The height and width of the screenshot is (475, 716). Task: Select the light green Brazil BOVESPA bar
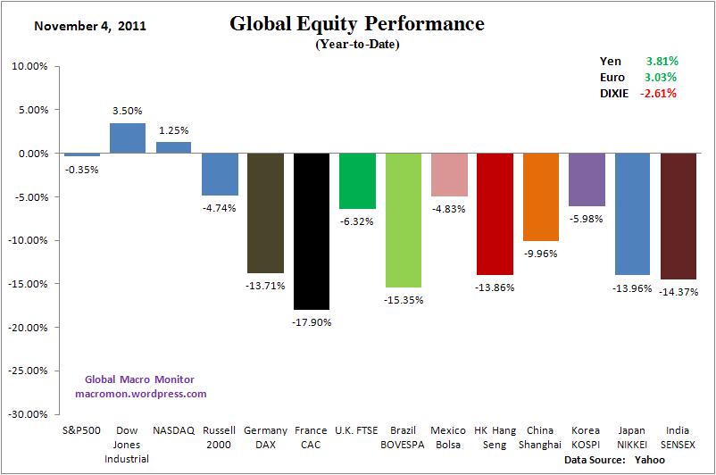pos(404,220)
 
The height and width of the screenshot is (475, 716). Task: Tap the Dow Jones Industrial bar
pos(128,138)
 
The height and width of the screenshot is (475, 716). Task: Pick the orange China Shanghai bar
pos(541,196)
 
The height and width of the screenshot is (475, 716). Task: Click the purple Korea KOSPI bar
pos(587,179)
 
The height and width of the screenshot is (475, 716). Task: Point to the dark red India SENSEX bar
pos(679,216)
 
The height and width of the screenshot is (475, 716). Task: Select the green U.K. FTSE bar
pos(357,180)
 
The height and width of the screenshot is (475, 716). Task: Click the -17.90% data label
pos(312,321)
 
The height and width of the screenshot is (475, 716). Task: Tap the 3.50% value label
pos(128,111)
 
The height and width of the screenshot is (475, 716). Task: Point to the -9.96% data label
pos(541,253)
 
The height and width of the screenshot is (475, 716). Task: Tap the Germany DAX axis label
pos(265,436)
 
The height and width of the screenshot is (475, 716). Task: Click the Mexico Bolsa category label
pos(449,436)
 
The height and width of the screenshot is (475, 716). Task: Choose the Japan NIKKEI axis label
pos(633,436)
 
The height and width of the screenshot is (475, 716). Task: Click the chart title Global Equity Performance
pos(357,23)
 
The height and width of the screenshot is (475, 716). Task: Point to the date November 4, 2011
pos(90,25)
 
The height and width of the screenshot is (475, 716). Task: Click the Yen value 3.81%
pos(662,61)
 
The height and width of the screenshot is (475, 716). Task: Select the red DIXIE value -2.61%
pos(659,93)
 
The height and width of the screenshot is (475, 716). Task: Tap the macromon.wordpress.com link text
pos(140,393)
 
